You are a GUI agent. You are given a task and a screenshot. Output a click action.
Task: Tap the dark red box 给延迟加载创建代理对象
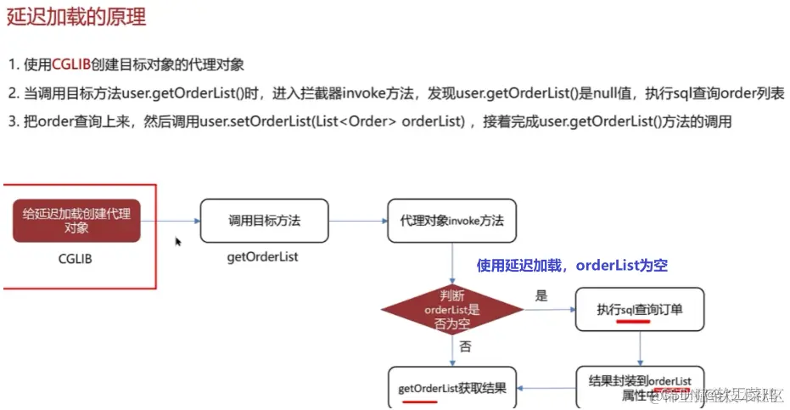76,221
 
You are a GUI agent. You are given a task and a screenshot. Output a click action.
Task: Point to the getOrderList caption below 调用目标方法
263,256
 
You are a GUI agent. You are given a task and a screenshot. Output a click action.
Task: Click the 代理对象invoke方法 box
451,221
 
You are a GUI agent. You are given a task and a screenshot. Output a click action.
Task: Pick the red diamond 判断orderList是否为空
451,310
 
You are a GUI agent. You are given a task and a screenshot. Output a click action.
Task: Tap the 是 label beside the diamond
541,296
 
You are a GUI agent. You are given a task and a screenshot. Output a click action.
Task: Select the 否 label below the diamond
465,346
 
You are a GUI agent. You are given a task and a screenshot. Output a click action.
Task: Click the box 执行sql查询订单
639,311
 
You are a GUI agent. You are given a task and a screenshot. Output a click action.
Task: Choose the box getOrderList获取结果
452,389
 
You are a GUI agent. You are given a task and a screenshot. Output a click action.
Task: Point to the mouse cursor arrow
178,242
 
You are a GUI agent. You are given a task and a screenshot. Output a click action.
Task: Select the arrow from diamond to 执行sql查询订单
549,311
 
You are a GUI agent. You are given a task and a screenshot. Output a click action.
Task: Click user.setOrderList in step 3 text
255,122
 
